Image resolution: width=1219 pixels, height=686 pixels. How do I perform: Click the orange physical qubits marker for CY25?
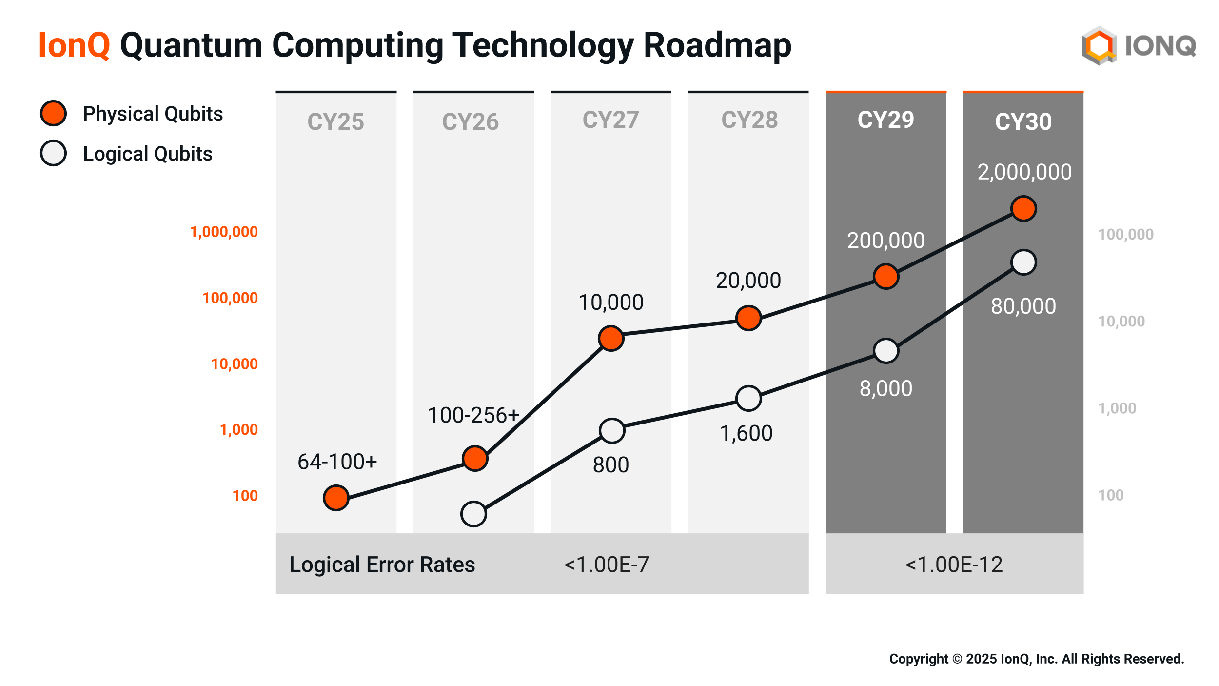point(336,498)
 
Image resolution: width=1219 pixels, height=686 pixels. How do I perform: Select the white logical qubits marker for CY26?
point(473,514)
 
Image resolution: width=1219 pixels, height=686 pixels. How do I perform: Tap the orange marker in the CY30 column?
point(1023,209)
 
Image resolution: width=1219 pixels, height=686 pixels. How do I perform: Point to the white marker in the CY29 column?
point(886,351)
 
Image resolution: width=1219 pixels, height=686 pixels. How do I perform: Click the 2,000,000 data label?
point(1024,172)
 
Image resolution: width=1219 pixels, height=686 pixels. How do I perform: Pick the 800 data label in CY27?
point(611,464)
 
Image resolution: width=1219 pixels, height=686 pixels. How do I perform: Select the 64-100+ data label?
point(337,462)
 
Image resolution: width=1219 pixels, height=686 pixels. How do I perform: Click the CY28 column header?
point(749,120)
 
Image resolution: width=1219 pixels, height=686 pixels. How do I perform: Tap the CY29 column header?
point(885,120)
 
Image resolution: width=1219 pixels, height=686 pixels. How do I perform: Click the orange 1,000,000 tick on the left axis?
point(224,232)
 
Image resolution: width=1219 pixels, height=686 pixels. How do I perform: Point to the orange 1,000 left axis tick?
point(239,429)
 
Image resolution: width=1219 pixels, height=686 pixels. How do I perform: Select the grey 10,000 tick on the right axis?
point(1121,321)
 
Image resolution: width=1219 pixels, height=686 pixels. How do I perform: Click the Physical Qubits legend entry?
point(153,114)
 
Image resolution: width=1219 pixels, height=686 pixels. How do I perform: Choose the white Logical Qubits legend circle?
point(54,153)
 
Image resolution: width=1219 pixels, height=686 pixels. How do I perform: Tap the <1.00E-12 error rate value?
point(954,565)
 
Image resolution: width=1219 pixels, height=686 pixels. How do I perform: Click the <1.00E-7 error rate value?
point(607,565)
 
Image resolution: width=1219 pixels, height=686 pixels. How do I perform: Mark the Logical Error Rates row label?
point(382,565)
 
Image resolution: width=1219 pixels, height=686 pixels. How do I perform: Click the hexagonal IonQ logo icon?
point(1099,46)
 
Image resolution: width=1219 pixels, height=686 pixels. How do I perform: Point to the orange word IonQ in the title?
point(74,45)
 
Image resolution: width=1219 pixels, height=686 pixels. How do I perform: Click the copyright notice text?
point(1036,659)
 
